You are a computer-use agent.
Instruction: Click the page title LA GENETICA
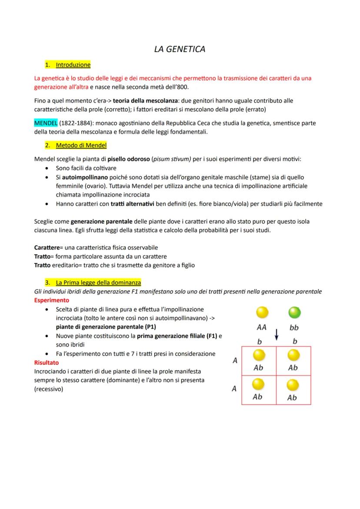pos(180,49)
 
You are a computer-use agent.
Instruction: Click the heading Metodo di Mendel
pos(81,145)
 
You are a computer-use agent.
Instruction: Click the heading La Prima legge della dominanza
pos(98,283)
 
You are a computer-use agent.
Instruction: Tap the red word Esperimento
pos(51,300)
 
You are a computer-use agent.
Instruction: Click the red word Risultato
pos(46,362)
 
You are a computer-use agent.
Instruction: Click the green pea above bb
pos(294,313)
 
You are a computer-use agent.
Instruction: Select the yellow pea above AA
pos(262,313)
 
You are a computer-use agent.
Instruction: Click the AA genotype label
pos(261,327)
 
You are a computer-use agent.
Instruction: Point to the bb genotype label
pos(294,327)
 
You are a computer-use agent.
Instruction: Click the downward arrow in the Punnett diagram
pos(276,335)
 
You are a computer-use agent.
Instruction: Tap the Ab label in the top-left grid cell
pos(258,367)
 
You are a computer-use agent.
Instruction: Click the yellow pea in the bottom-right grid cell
pos(292,385)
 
